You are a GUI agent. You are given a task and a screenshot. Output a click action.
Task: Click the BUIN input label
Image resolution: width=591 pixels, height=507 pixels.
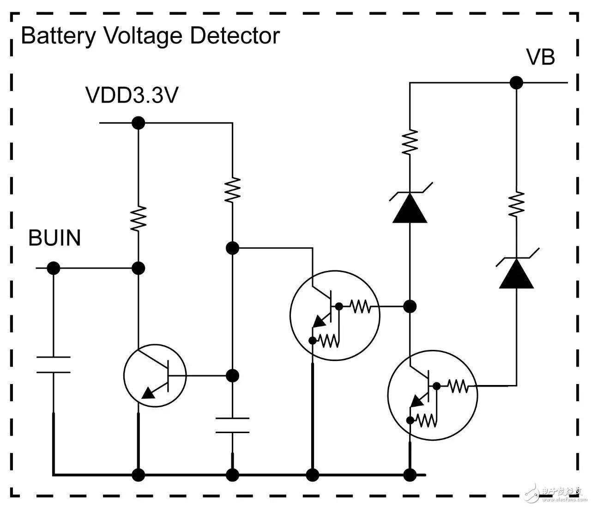point(54,238)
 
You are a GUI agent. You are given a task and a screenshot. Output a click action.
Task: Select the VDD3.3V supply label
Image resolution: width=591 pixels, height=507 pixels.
point(132,95)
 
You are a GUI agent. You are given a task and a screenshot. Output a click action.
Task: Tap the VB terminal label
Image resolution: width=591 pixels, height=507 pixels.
point(540,57)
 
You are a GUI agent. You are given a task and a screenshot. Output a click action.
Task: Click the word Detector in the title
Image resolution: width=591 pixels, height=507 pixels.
point(235,36)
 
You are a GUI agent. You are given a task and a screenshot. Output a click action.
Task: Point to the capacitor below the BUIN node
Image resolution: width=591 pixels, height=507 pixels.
point(54,364)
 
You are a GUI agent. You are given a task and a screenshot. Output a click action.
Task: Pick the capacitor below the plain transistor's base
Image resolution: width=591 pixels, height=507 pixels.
point(232,425)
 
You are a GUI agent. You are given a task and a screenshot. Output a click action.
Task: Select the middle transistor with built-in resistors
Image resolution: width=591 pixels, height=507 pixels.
point(335,316)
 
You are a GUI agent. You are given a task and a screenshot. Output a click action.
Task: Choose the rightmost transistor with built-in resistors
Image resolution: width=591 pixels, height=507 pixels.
point(433,395)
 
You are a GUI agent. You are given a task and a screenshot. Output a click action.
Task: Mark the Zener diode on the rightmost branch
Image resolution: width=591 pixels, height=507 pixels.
point(516,273)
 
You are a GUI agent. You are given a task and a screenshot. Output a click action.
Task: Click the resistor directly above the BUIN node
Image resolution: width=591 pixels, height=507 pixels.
point(138,219)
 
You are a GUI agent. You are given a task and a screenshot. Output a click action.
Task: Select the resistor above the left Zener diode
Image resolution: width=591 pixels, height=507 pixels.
point(410,142)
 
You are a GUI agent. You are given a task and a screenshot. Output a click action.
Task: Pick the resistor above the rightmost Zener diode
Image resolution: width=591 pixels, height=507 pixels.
point(516,204)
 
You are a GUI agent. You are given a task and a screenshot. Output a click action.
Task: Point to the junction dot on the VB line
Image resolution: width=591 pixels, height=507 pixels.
point(516,83)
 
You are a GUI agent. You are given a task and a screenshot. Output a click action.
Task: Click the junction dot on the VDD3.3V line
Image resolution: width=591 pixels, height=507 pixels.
point(138,123)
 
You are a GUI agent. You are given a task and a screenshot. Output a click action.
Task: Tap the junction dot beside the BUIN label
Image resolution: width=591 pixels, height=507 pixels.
point(54,268)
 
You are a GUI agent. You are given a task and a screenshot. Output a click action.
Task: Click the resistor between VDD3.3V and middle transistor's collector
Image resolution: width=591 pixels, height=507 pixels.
point(232,189)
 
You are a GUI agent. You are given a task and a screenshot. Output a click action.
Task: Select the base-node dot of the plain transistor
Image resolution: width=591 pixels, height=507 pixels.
point(232,375)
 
